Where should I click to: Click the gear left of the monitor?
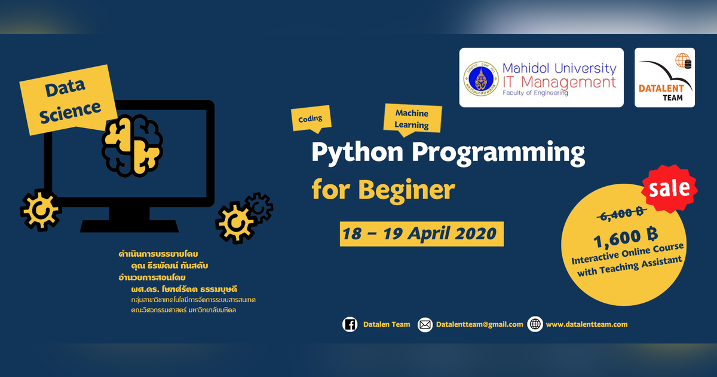pos(40,210)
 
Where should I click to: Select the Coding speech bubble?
pos(310,118)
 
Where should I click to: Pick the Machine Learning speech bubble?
pos(412,118)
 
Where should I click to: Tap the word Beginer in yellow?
pos(406,190)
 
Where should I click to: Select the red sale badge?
pos(670,188)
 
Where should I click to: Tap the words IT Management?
pos(559,81)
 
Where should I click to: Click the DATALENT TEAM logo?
pos(664,78)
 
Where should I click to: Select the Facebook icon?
pos(350,324)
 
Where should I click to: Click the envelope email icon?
pos(425,324)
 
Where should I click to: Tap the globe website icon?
pos(535,324)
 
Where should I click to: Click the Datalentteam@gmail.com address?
pos(479,324)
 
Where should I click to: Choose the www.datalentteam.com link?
pos(586,324)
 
